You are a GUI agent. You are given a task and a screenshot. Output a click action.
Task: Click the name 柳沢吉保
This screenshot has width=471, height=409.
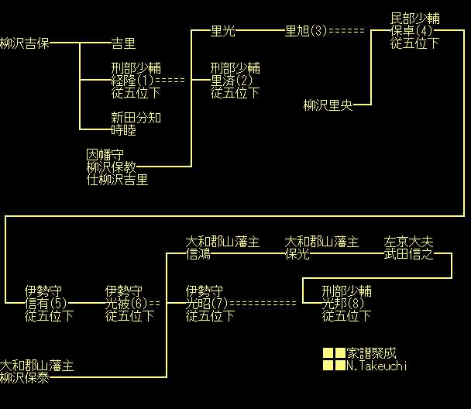pos(25,43)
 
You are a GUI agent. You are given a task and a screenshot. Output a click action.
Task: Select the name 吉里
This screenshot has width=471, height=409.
pos(123,43)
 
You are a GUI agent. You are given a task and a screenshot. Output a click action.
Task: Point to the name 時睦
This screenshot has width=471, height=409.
pos(123,130)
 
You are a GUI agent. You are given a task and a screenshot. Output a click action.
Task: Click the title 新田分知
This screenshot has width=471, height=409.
pos(136,118)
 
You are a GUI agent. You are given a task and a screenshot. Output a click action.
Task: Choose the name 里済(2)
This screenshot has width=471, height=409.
pos(232,81)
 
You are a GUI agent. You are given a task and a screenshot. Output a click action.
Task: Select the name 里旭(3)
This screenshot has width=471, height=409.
pos(307,31)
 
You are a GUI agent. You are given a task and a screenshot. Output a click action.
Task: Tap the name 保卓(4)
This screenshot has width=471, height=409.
pos(411,31)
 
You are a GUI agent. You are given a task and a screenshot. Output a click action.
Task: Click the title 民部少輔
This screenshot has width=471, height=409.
pos(415,19)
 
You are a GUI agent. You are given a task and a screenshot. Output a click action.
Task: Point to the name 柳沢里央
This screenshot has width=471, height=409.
pos(328,105)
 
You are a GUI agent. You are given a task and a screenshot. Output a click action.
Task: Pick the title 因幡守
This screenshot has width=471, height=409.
pos(105,155)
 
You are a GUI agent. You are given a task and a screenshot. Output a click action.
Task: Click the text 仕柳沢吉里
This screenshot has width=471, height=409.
pos(117,180)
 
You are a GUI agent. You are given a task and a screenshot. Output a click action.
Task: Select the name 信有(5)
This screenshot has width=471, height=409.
pos(46,304)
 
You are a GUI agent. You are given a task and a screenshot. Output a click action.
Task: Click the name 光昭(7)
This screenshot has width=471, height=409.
pos(207,304)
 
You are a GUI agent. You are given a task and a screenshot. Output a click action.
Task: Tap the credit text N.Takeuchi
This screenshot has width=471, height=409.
pos(377,366)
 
